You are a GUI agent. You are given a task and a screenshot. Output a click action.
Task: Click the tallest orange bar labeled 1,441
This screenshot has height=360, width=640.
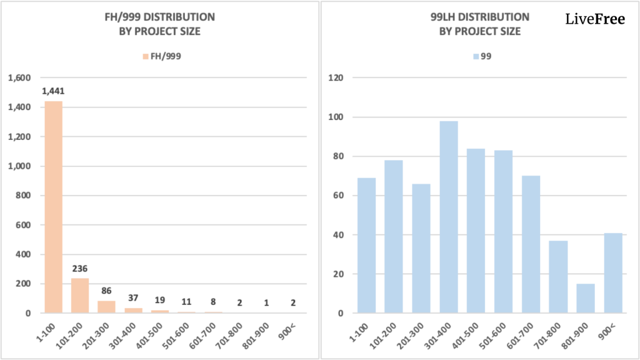click(53, 206)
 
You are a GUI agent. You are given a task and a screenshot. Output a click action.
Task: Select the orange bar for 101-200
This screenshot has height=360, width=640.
click(80, 295)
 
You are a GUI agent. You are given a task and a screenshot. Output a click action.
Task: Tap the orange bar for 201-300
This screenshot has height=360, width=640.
click(106, 306)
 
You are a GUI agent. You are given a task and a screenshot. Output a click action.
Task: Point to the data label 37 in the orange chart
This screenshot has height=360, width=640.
click(132, 297)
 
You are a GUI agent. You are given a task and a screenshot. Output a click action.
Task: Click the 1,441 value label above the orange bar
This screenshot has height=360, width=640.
click(53, 91)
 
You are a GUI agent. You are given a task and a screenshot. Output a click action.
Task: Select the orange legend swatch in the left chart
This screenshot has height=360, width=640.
click(146, 56)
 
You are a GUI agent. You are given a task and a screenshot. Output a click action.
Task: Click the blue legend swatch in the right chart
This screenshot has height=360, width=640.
click(476, 56)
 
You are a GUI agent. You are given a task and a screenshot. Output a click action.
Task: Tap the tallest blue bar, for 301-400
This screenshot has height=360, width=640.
click(449, 217)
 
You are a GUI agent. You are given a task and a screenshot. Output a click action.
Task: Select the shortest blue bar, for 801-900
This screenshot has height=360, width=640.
click(586, 298)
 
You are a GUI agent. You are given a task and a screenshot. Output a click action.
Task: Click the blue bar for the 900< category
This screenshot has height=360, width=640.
click(613, 272)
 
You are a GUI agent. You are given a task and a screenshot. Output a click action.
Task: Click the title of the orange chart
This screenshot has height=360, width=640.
click(160, 24)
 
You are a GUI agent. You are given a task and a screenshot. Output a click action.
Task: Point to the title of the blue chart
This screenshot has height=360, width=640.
click(480, 24)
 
